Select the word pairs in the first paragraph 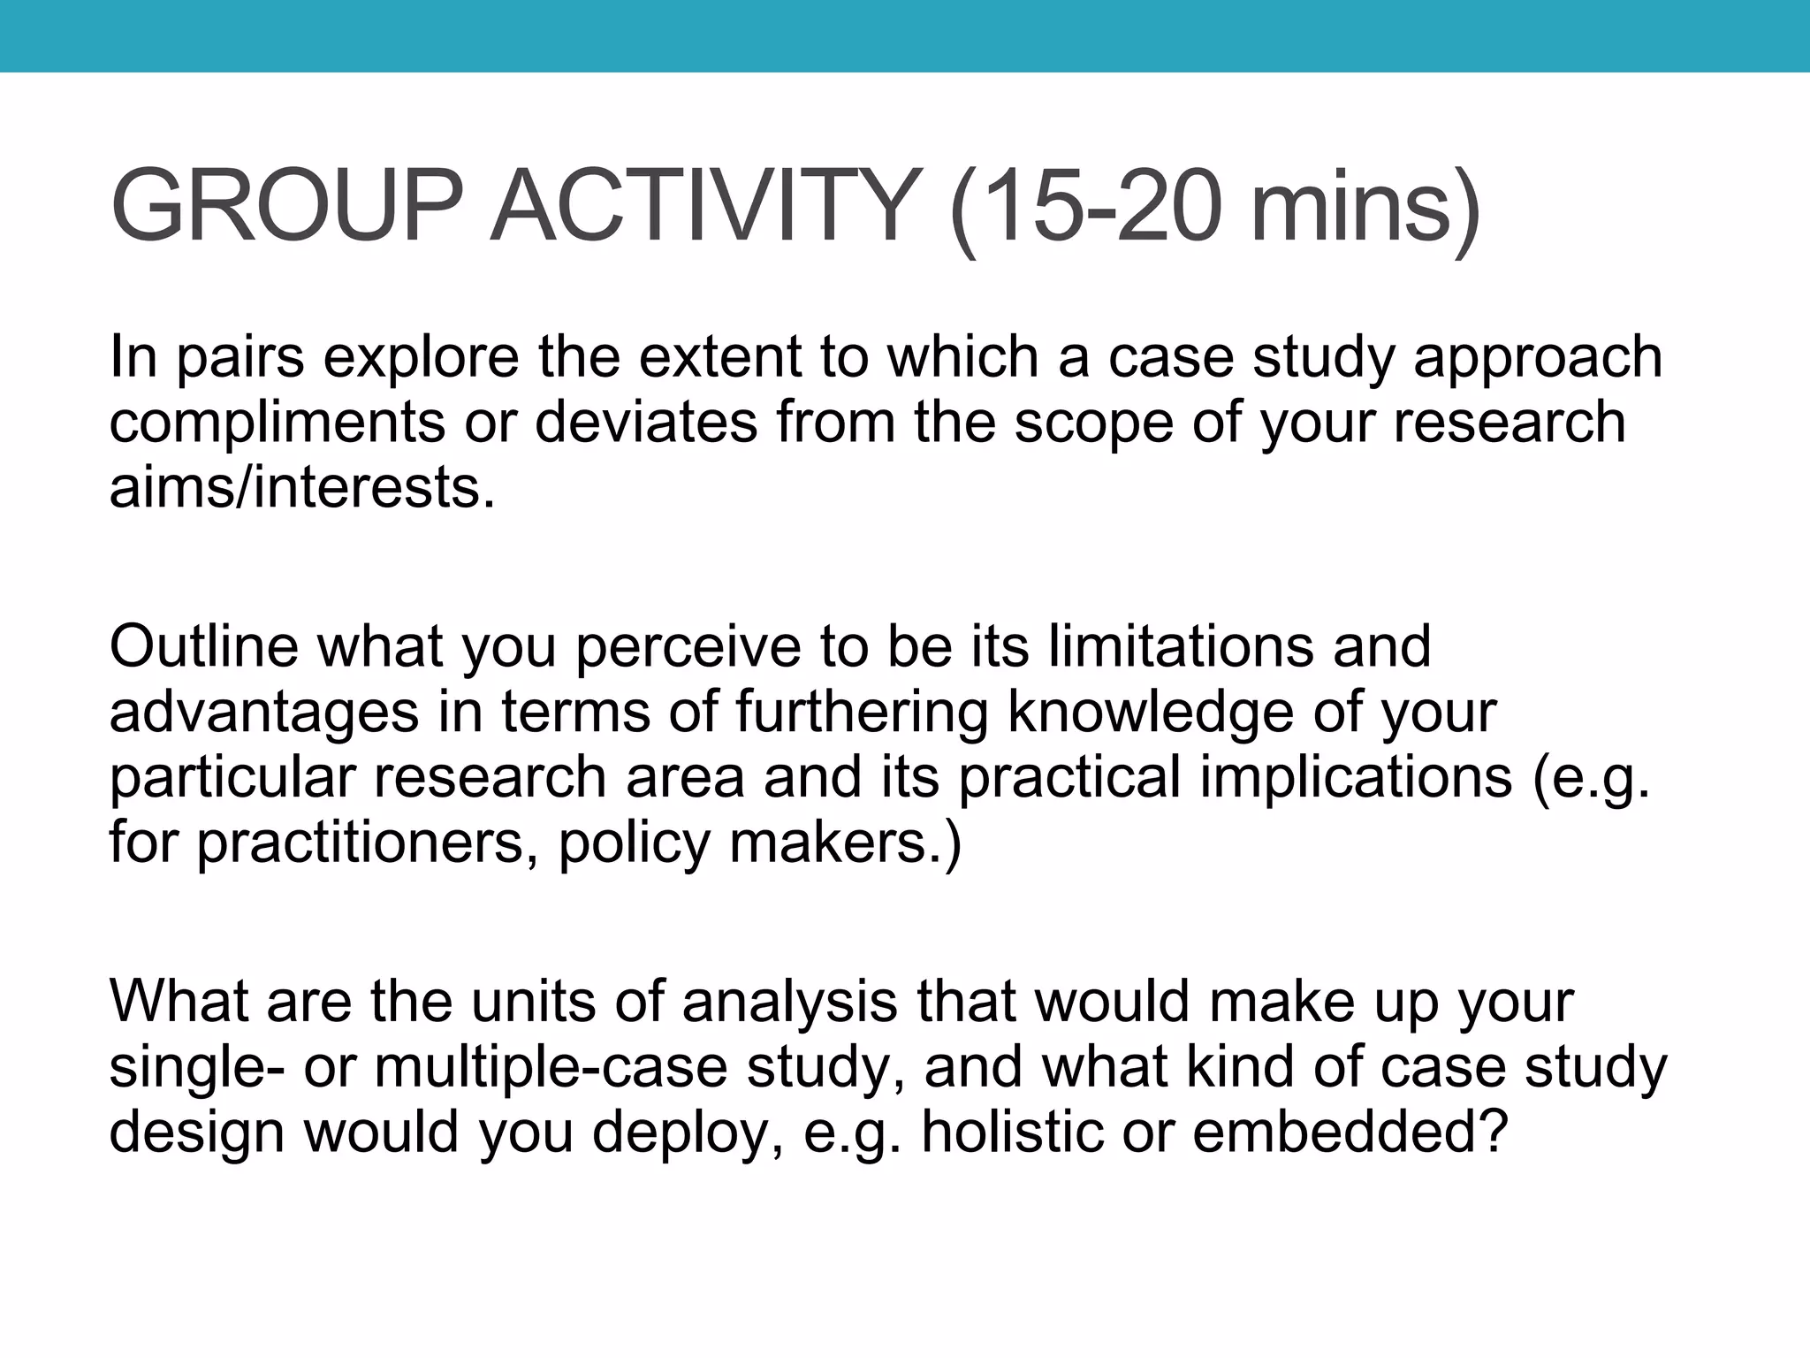click(x=241, y=359)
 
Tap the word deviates click(x=646, y=423)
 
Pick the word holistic click(x=1013, y=1133)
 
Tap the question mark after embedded click(x=1492, y=1133)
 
